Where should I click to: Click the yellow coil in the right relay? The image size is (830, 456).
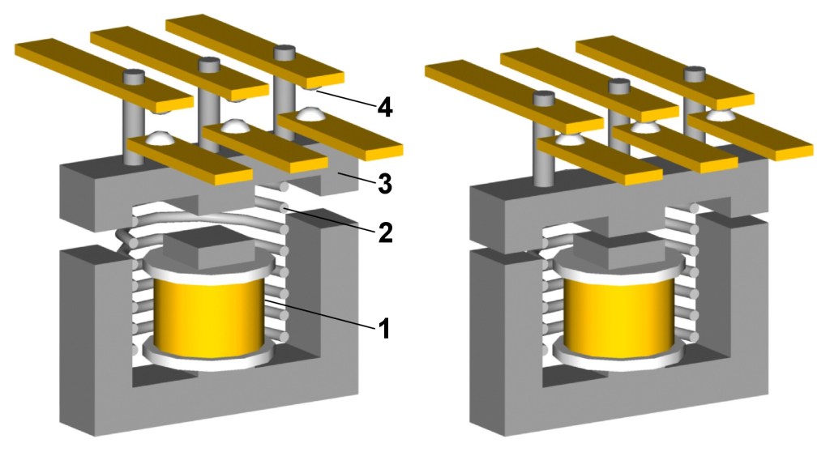pyautogui.click(x=619, y=315)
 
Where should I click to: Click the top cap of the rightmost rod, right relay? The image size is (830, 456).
pyautogui.click(x=693, y=74)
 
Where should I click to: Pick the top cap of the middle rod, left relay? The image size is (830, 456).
pyautogui.click(x=209, y=64)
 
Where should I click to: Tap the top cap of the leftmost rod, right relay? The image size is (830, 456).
pyautogui.click(x=544, y=98)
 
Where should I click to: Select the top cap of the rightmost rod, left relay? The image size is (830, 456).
pyautogui.click(x=284, y=53)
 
